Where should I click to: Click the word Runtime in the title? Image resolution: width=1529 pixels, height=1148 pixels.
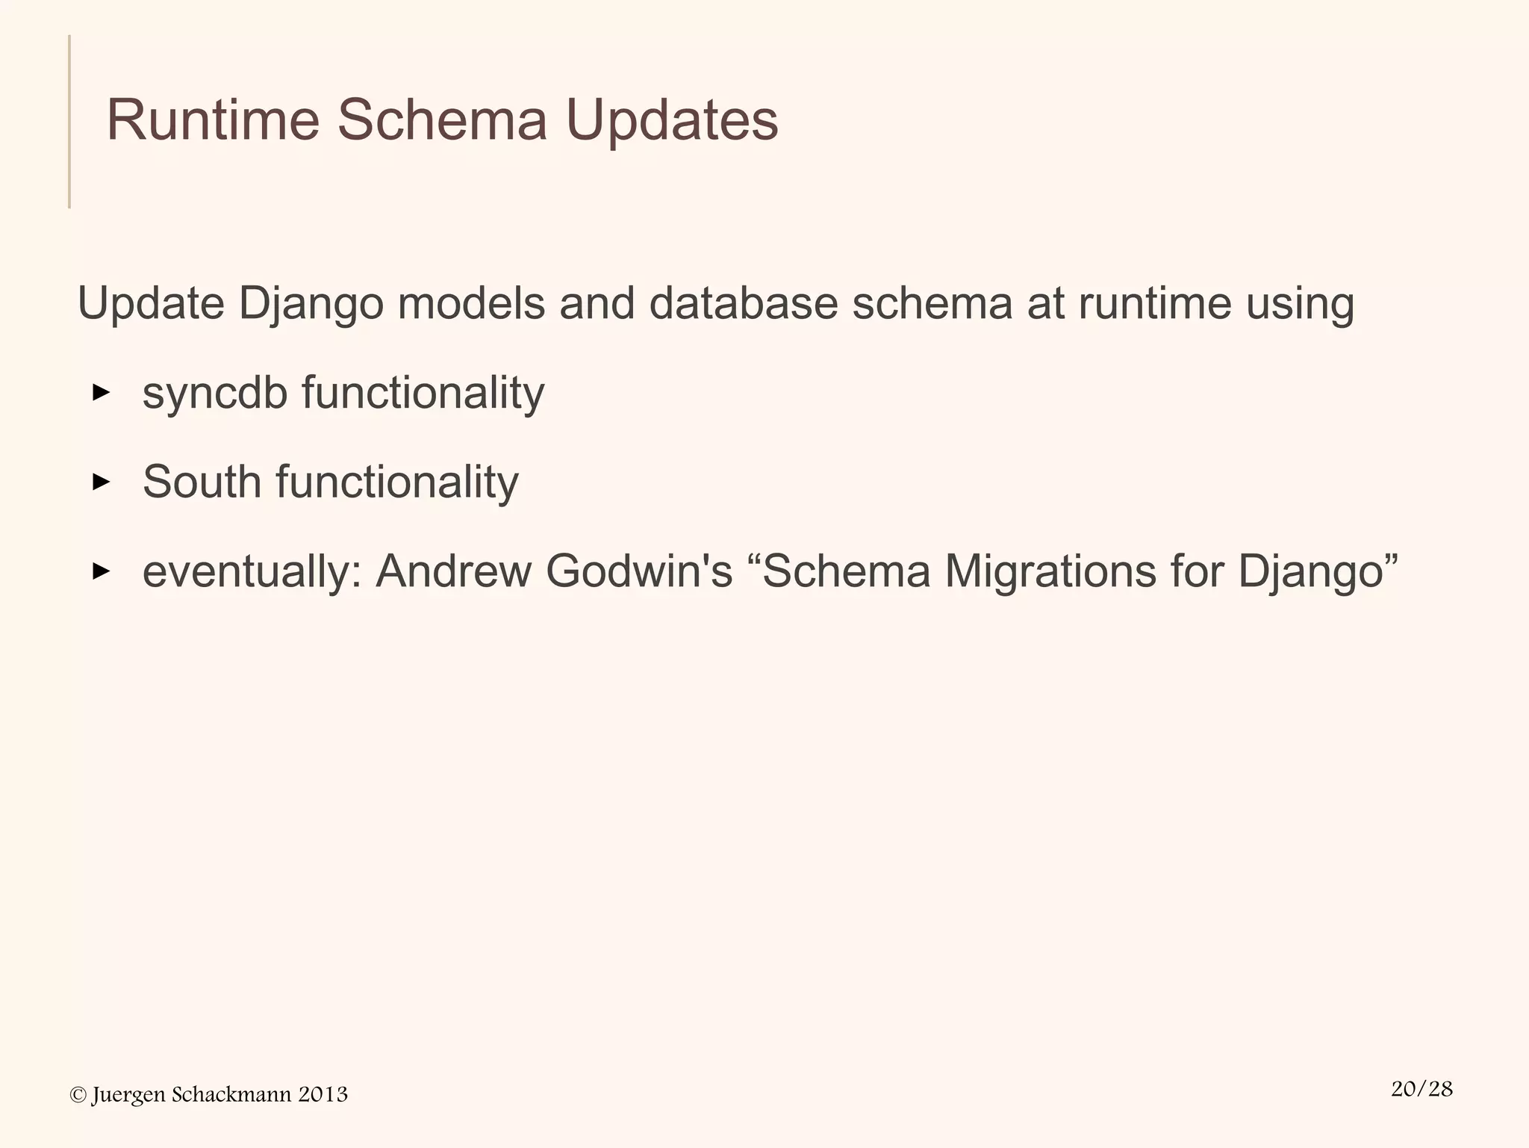(x=213, y=120)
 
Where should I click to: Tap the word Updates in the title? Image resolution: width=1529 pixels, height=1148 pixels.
(x=672, y=120)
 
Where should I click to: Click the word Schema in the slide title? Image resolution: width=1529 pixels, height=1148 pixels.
(x=442, y=120)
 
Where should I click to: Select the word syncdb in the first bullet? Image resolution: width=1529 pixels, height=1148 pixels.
(x=215, y=394)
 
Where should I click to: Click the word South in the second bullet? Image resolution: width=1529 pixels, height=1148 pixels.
(x=201, y=483)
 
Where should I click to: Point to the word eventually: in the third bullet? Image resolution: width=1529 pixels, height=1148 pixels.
(x=252, y=572)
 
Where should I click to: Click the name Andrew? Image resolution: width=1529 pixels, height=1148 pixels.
(x=453, y=572)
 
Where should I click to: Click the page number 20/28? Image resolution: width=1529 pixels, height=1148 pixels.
(x=1421, y=1089)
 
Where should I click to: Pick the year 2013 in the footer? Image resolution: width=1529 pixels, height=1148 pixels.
(x=323, y=1095)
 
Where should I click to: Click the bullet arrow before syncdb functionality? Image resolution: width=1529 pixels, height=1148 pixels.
(x=101, y=393)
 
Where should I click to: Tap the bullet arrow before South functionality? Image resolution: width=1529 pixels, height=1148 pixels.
(x=101, y=483)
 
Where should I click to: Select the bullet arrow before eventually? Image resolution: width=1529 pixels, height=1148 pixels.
(x=101, y=572)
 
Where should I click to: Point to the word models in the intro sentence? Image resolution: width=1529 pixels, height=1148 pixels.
(x=471, y=304)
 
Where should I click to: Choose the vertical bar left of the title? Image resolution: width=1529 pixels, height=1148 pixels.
(x=69, y=121)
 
